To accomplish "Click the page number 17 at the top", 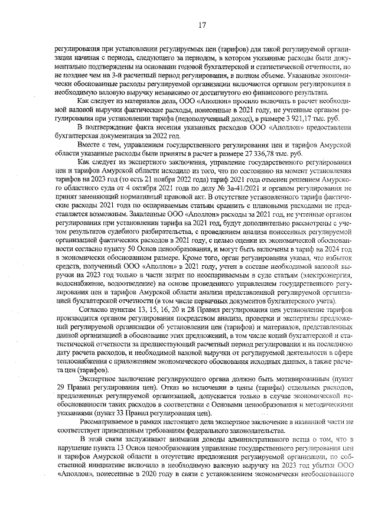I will click(201, 25).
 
